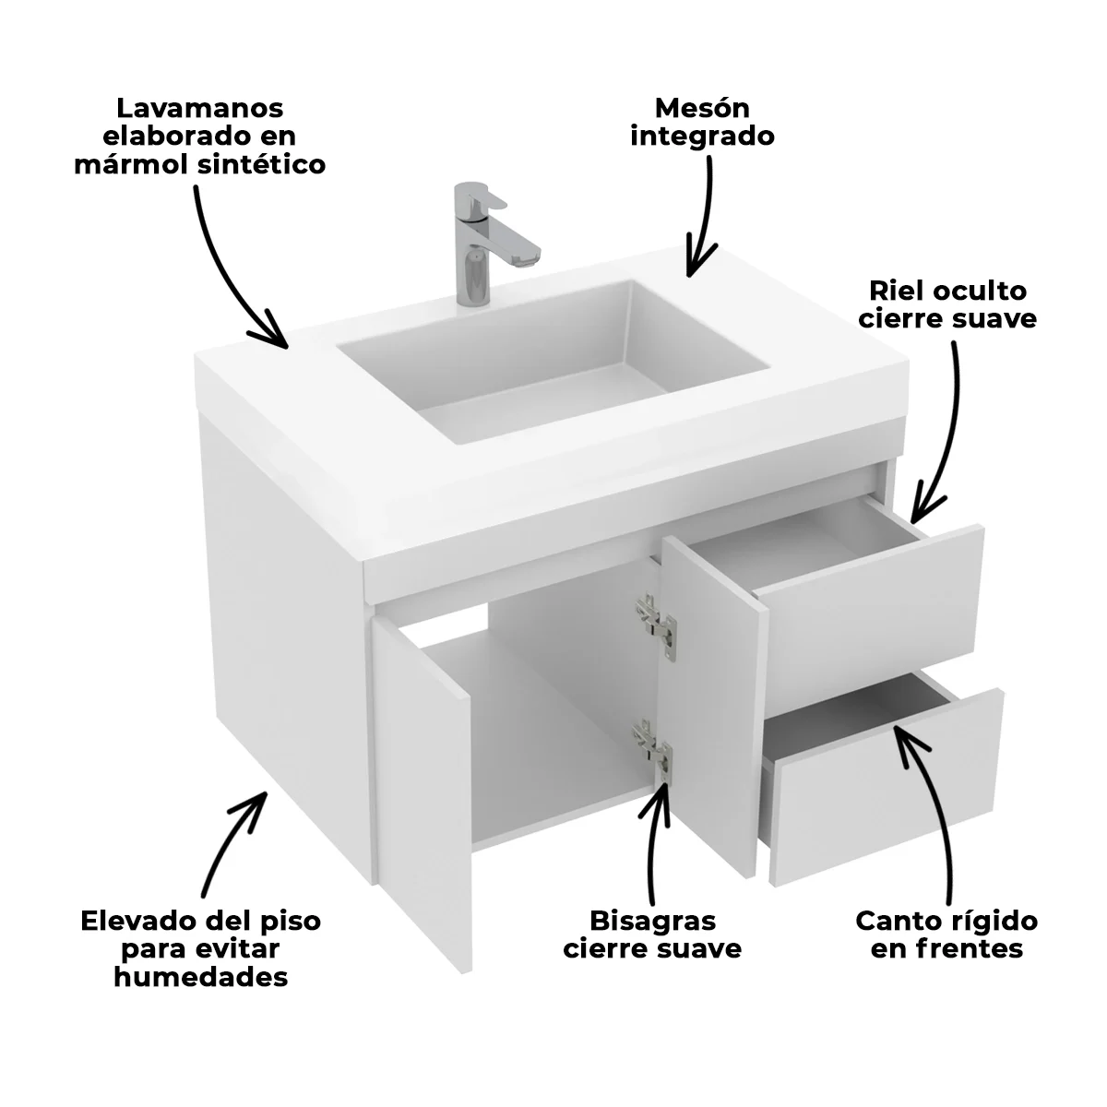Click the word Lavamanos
tap(200, 109)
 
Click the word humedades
tap(200, 977)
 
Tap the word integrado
tap(702, 137)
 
